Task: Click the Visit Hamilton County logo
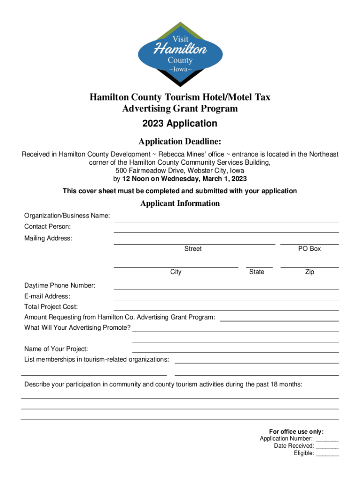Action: (180, 53)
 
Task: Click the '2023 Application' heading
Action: (180, 123)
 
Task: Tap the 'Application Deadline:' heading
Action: (180, 142)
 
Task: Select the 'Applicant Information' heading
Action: (180, 203)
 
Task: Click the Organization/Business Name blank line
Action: (226, 221)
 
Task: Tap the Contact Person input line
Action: (226, 232)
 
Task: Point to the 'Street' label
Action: (193, 249)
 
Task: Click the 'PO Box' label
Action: (310, 249)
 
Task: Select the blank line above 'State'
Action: (259, 267)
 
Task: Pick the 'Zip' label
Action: (310, 272)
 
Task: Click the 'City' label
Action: (176, 272)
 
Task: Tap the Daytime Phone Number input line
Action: (226, 289)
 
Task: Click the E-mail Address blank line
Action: (226, 299)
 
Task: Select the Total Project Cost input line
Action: (226, 310)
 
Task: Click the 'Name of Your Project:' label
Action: (56, 349)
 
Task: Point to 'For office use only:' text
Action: (296, 431)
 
